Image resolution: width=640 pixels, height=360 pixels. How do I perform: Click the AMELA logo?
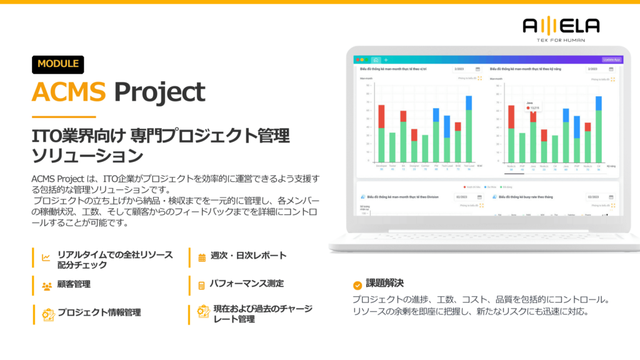coord(561,25)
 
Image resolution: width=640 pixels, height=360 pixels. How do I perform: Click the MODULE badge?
coord(57,64)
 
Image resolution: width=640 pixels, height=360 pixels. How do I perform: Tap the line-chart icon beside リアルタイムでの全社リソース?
coord(46,257)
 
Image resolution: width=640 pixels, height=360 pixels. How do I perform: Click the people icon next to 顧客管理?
coord(46,286)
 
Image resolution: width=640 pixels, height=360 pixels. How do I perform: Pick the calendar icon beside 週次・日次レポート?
coord(202,257)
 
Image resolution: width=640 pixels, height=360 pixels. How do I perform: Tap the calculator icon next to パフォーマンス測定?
coord(202,285)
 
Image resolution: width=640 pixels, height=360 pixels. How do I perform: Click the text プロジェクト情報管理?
coord(99,312)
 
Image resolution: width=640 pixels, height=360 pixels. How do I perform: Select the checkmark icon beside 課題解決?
coord(357,285)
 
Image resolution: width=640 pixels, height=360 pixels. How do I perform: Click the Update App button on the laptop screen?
coord(611,59)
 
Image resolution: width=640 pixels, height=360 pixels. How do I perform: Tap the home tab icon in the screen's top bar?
coord(376,59)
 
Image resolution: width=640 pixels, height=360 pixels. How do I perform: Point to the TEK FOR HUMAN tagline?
coord(561,39)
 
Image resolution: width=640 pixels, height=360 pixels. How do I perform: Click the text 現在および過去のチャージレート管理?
coord(262,314)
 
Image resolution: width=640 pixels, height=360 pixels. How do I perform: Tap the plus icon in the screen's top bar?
coord(386,59)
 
